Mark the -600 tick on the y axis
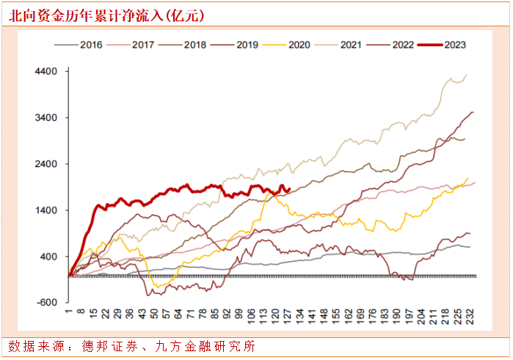click(x=48, y=303)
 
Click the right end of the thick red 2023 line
click(x=290, y=189)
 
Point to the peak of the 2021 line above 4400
click(x=467, y=75)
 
